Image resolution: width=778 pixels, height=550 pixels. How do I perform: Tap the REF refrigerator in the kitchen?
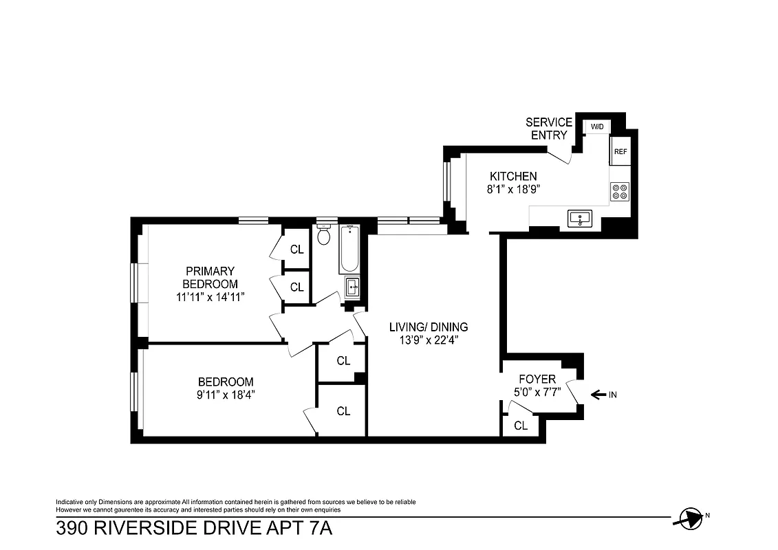pyautogui.click(x=620, y=151)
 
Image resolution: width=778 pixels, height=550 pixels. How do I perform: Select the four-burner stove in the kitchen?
pyautogui.click(x=619, y=191)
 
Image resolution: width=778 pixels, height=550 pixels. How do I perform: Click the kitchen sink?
pyautogui.click(x=581, y=219)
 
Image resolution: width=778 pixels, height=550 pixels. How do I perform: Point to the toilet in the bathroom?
pyautogui.click(x=324, y=236)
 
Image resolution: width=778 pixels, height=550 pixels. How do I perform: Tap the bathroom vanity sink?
pyautogui.click(x=352, y=287)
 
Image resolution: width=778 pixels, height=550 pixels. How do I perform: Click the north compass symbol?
pyautogui.click(x=689, y=517)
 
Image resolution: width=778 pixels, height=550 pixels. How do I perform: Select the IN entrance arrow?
pyautogui.click(x=598, y=395)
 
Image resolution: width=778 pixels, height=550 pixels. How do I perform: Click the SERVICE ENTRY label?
pyautogui.click(x=548, y=129)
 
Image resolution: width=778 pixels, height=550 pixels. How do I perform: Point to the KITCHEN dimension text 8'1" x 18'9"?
pyautogui.click(x=512, y=190)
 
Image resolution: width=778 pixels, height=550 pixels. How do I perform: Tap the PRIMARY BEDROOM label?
pyautogui.click(x=210, y=277)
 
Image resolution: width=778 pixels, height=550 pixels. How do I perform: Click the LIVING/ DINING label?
pyautogui.click(x=428, y=327)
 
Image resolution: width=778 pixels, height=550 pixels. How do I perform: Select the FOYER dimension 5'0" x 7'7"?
pyautogui.click(x=537, y=393)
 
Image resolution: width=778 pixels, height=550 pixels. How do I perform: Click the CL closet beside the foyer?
pyautogui.click(x=521, y=426)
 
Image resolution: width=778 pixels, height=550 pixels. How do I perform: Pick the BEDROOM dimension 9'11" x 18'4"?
pyautogui.click(x=226, y=395)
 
